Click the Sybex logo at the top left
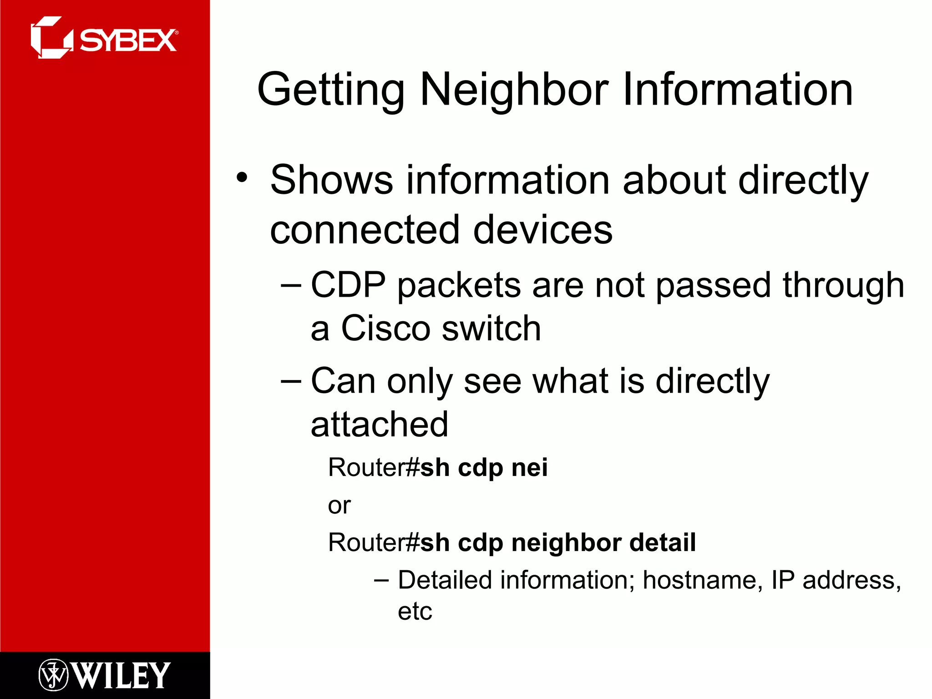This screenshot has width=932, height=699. pyautogui.click(x=104, y=38)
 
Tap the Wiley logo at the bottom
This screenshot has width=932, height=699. pyautogui.click(x=105, y=675)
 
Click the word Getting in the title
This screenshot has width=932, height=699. pyautogui.click(x=331, y=90)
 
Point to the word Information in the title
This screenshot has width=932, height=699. pyautogui.click(x=737, y=90)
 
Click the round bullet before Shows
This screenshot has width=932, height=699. pyautogui.click(x=242, y=177)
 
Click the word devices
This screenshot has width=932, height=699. pyautogui.click(x=543, y=230)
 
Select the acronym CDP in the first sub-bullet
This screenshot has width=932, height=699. pyautogui.click(x=348, y=285)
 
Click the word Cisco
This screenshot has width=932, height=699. pyautogui.click(x=385, y=329)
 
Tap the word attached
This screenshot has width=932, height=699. pyautogui.click(x=380, y=425)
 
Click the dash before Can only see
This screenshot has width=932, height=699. pyautogui.click(x=291, y=380)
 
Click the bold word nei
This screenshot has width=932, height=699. pyautogui.click(x=529, y=468)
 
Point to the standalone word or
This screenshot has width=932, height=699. pyautogui.click(x=339, y=506)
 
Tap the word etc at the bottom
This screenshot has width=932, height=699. pyautogui.click(x=415, y=611)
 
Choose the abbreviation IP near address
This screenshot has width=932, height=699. pyautogui.click(x=783, y=580)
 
